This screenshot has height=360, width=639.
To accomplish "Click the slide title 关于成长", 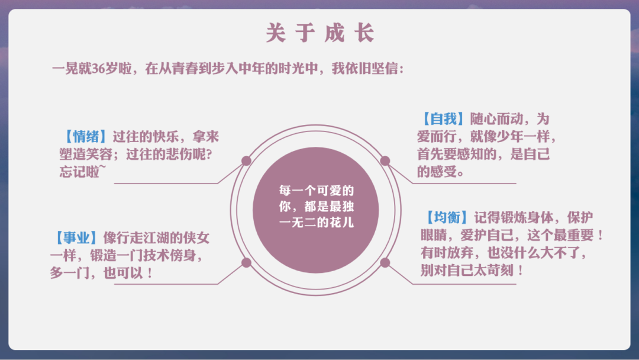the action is tap(320, 33).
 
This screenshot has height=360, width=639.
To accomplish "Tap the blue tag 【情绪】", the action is tap(86, 136).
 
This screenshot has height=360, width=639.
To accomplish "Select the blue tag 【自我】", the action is tap(443, 118).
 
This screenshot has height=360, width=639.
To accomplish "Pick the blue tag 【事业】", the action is tap(76, 237).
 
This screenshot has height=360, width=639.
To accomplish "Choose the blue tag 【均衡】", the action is tap(447, 218).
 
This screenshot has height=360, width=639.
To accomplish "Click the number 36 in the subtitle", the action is tap(99, 69).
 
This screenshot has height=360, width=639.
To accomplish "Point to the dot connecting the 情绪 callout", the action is tap(246, 160).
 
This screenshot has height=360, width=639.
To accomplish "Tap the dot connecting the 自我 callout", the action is tap(385, 160).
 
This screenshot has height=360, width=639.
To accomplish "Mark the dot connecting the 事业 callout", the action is tap(246, 262).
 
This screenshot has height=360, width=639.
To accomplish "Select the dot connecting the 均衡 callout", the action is tap(385, 262).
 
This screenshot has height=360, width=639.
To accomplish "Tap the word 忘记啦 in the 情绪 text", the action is tap(79, 172).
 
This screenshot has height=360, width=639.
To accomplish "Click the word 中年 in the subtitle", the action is tap(251, 69).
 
